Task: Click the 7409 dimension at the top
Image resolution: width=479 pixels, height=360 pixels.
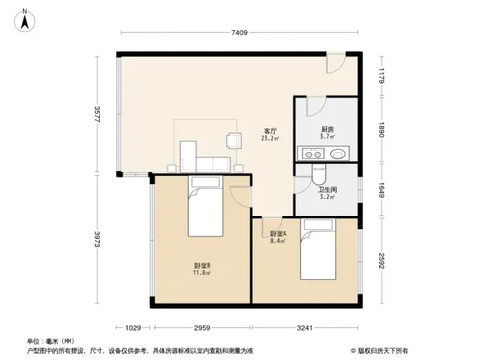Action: click(239, 33)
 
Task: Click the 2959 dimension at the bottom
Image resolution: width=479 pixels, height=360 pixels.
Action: click(201, 328)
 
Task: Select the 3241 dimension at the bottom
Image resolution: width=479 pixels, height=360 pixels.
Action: click(306, 328)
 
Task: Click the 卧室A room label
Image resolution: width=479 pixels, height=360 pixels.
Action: click(278, 236)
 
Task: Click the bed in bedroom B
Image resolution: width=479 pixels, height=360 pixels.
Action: click(208, 208)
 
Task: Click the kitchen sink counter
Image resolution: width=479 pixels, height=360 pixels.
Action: click(325, 152)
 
